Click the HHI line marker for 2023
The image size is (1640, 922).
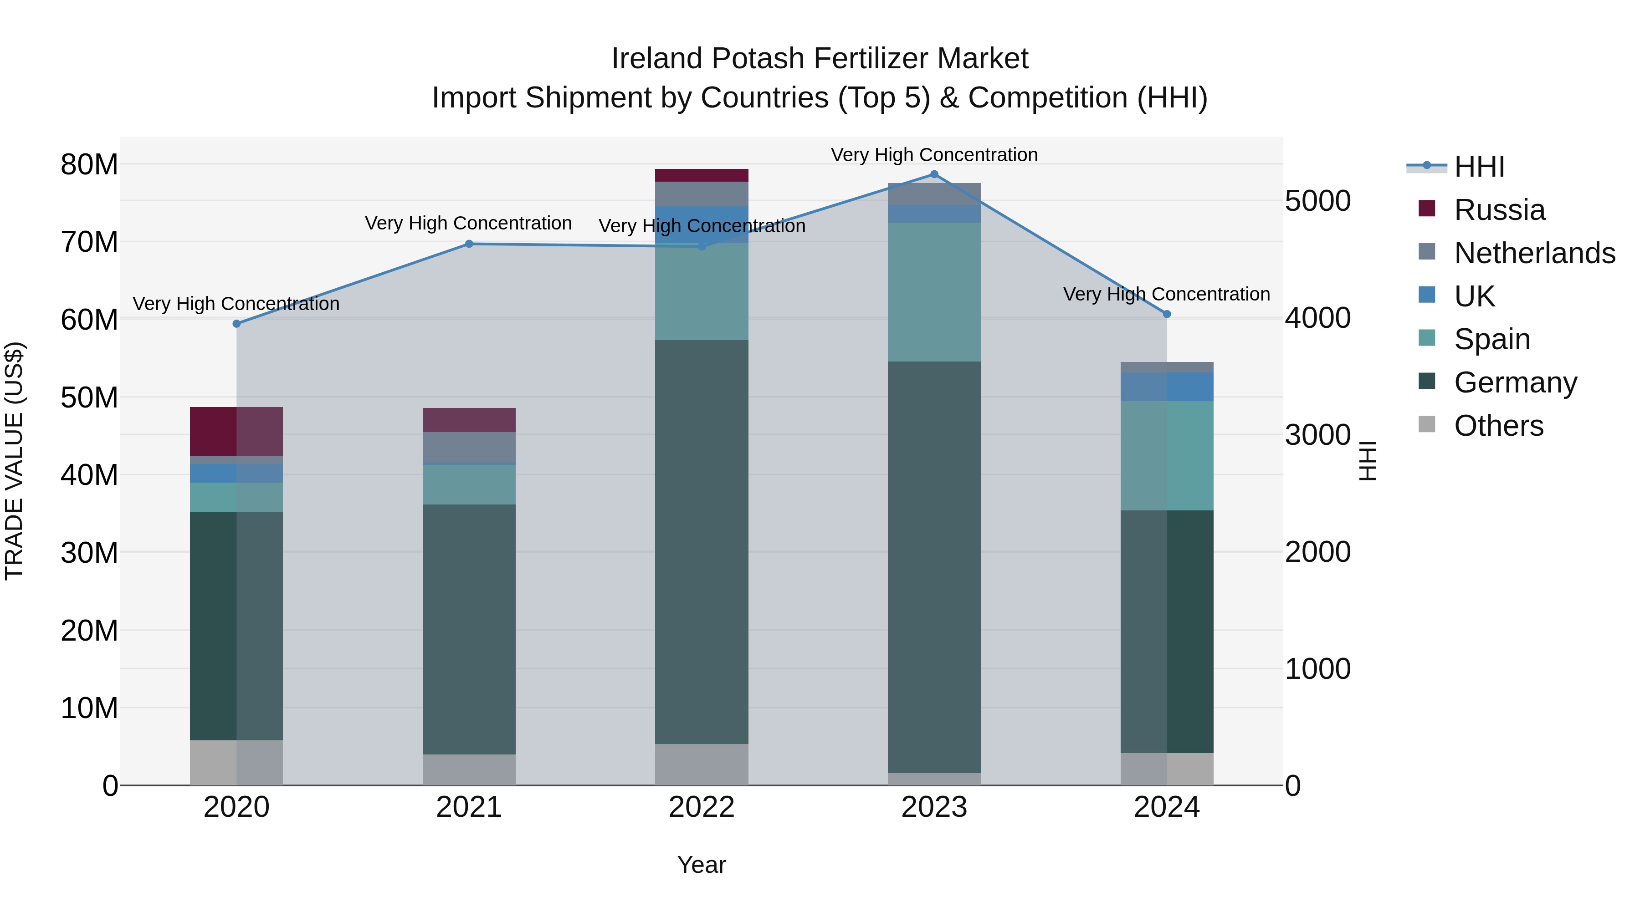click(x=934, y=174)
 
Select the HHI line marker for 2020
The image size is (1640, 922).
click(x=237, y=324)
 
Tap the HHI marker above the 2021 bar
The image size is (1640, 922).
click(x=469, y=244)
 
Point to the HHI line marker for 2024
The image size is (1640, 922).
click(x=1166, y=314)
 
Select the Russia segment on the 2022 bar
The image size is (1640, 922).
click(x=702, y=176)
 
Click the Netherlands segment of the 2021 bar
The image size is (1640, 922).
click(x=469, y=447)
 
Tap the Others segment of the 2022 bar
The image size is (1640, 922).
click(x=702, y=764)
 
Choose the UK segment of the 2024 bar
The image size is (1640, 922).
click(x=1166, y=387)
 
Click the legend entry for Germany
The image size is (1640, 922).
click(x=1515, y=383)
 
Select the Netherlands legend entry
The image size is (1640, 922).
click(x=1534, y=253)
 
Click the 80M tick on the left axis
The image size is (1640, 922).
click(x=89, y=165)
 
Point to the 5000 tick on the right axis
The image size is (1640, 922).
click(x=1317, y=201)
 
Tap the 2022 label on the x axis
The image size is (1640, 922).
click(x=702, y=807)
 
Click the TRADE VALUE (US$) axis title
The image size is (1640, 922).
click(x=14, y=461)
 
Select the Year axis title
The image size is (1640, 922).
click(x=702, y=865)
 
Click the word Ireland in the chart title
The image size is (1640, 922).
click(x=657, y=59)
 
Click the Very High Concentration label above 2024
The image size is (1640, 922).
click(x=1166, y=294)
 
